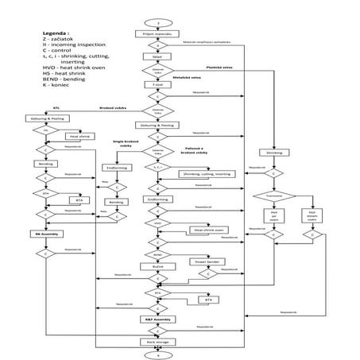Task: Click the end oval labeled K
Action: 158,355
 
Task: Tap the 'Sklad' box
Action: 157,57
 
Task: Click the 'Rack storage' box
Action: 157,342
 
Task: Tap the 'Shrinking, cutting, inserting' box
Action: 206,172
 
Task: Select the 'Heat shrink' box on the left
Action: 79,136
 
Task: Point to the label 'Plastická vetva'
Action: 220,68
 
